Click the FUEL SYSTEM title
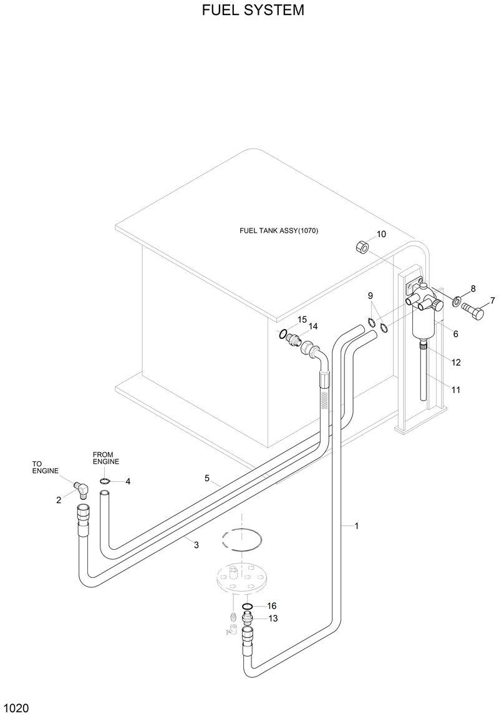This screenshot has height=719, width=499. coord(253,11)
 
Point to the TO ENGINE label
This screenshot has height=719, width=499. coord(45,467)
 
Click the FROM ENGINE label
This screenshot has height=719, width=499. coord(105,457)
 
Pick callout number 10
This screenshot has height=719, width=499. coord(381,234)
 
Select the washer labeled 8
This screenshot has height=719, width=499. coord(457,302)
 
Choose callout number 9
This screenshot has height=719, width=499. coord(370,295)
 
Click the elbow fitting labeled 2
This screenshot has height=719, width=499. coord(80,487)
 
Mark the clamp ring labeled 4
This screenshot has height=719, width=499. coord(105,481)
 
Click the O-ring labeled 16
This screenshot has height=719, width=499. coord(248,607)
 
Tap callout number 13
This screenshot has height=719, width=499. coord(273,619)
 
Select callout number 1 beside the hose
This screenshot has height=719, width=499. coord(356,526)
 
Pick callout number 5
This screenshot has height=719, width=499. coord(206,478)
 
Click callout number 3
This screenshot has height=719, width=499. coord(196,545)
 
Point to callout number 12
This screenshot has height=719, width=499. coord(455,363)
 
